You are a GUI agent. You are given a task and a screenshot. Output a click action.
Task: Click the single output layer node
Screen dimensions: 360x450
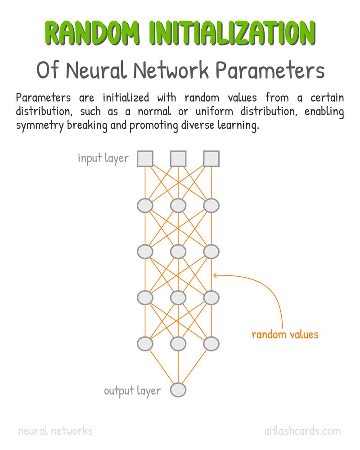pyautogui.click(x=178, y=390)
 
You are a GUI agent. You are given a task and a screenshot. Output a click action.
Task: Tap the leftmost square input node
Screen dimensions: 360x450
pyautogui.click(x=145, y=159)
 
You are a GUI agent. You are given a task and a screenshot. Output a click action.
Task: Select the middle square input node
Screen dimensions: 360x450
pyautogui.click(x=178, y=159)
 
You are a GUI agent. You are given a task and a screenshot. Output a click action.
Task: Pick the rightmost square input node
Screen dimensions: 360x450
pyautogui.click(x=211, y=159)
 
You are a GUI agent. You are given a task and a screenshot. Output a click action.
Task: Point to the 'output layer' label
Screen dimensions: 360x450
pyautogui.click(x=132, y=391)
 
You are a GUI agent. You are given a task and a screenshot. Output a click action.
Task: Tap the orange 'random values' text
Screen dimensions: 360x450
pyautogui.click(x=285, y=335)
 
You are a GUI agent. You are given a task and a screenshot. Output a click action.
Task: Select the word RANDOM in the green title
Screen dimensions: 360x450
pyautogui.click(x=92, y=33)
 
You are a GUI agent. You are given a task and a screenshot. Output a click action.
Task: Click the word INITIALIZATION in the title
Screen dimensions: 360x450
pyautogui.click(x=232, y=33)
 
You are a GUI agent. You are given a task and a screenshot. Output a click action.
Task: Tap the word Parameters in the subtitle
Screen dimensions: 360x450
pyautogui.click(x=270, y=70)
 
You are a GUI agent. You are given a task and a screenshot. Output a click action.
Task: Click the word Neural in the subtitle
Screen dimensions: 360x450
pyautogui.click(x=96, y=70)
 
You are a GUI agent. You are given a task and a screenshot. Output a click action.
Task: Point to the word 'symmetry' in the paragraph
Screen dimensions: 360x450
pyautogui.click(x=40, y=126)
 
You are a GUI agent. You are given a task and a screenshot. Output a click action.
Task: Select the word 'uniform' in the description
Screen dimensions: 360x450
pyautogui.click(x=215, y=111)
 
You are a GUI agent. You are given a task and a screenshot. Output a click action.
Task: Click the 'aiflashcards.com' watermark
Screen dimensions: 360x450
pyautogui.click(x=302, y=431)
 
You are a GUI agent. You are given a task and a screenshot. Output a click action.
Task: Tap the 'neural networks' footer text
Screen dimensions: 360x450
pyautogui.click(x=55, y=431)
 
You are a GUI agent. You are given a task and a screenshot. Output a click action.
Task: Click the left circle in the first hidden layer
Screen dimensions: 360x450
pyautogui.click(x=145, y=206)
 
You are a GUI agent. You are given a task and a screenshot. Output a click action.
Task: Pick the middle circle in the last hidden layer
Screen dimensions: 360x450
pyautogui.click(x=178, y=343)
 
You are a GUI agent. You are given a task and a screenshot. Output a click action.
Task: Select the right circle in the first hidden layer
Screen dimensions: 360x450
pyautogui.click(x=211, y=206)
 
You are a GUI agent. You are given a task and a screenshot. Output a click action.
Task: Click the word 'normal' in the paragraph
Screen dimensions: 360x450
pyautogui.click(x=154, y=111)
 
